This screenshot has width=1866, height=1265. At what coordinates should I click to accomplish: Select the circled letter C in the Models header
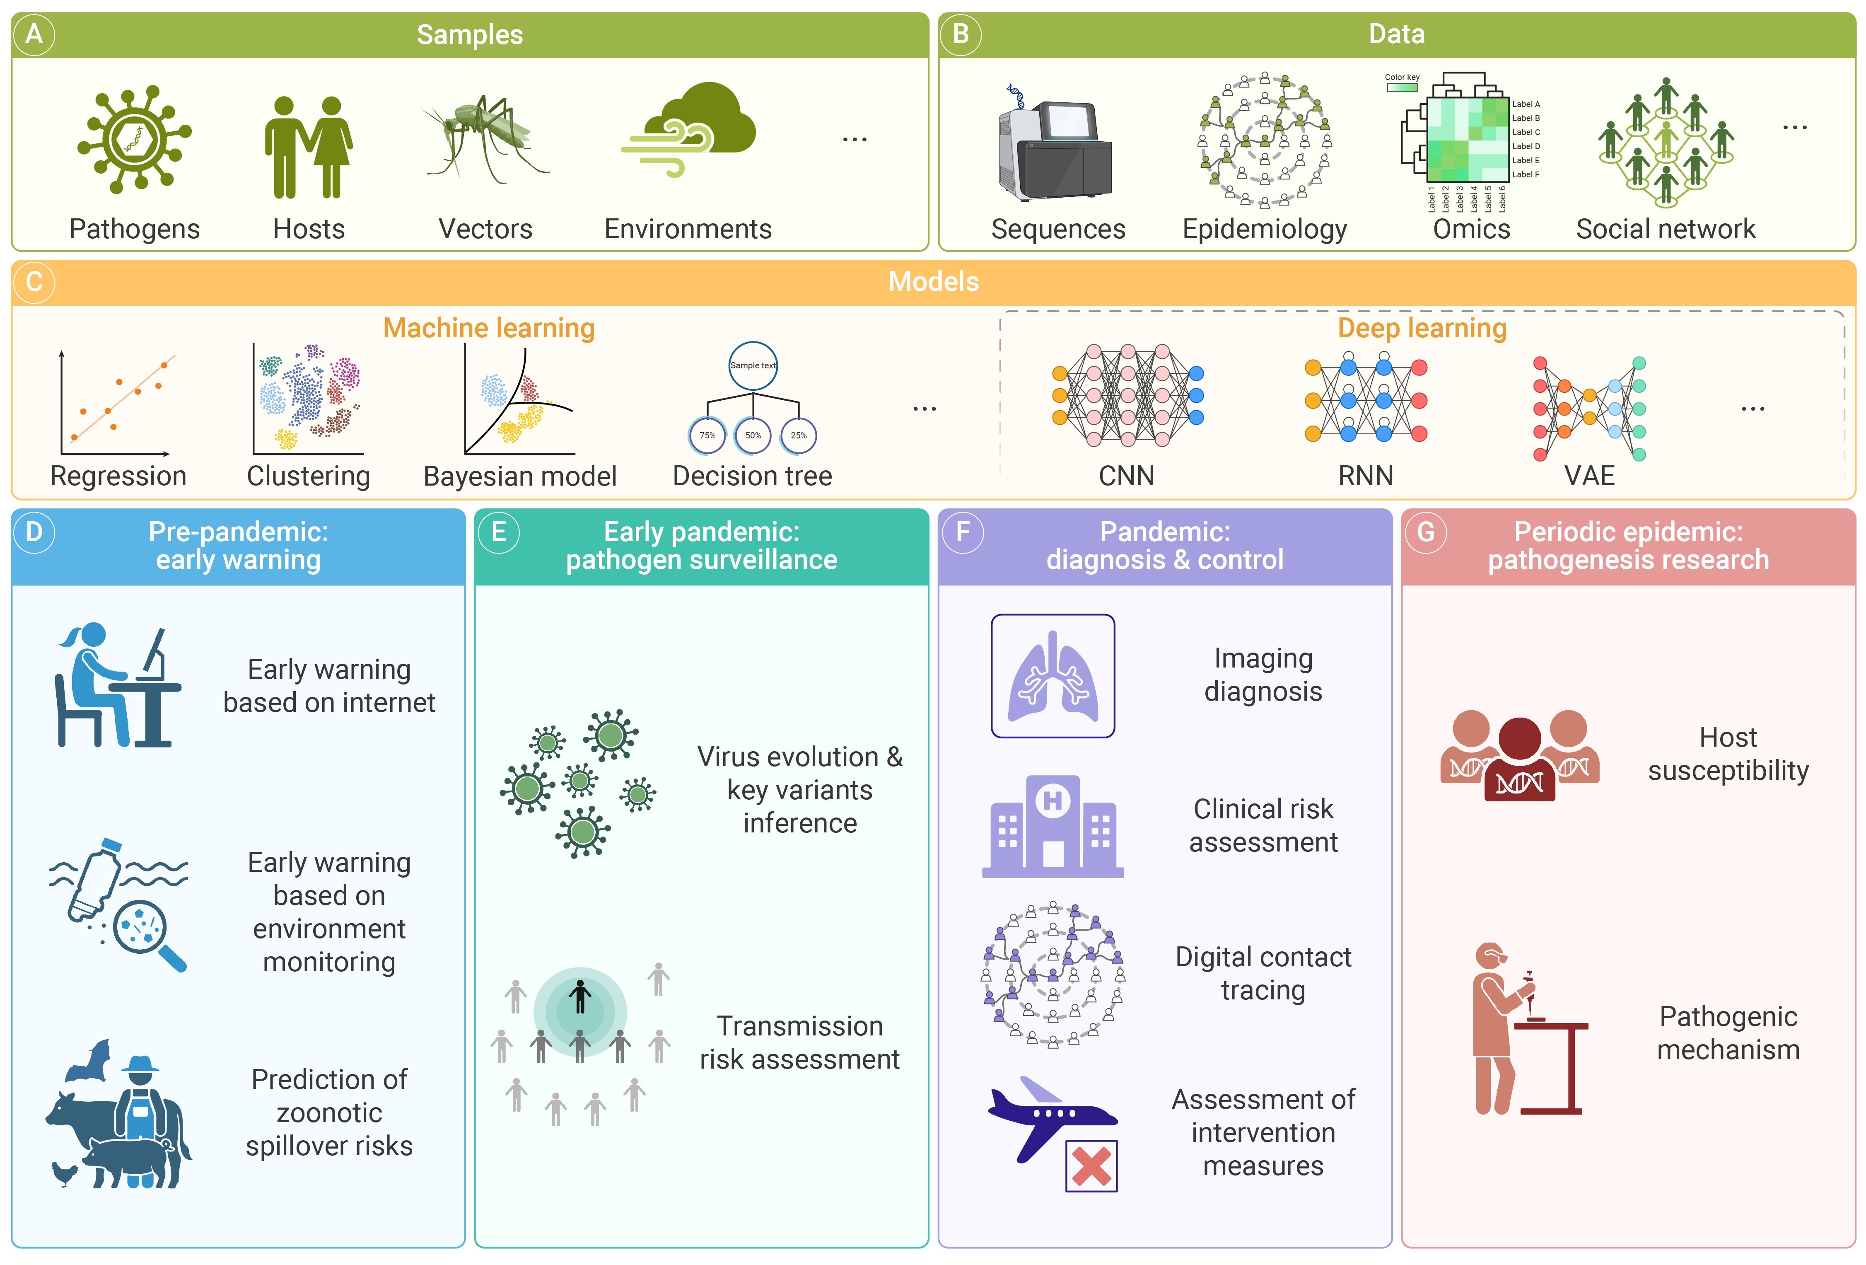tap(34, 282)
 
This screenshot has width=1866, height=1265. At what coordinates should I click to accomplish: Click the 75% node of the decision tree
tap(707, 435)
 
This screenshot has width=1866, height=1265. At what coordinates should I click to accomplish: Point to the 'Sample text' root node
tap(752, 365)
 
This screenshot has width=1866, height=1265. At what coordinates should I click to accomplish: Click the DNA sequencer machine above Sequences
tap(1054, 149)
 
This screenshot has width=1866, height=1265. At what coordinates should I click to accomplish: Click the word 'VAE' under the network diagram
tap(1589, 476)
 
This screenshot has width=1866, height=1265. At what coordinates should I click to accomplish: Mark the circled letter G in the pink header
tap(1425, 532)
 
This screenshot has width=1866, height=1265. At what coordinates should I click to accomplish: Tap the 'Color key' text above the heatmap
tap(1402, 77)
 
